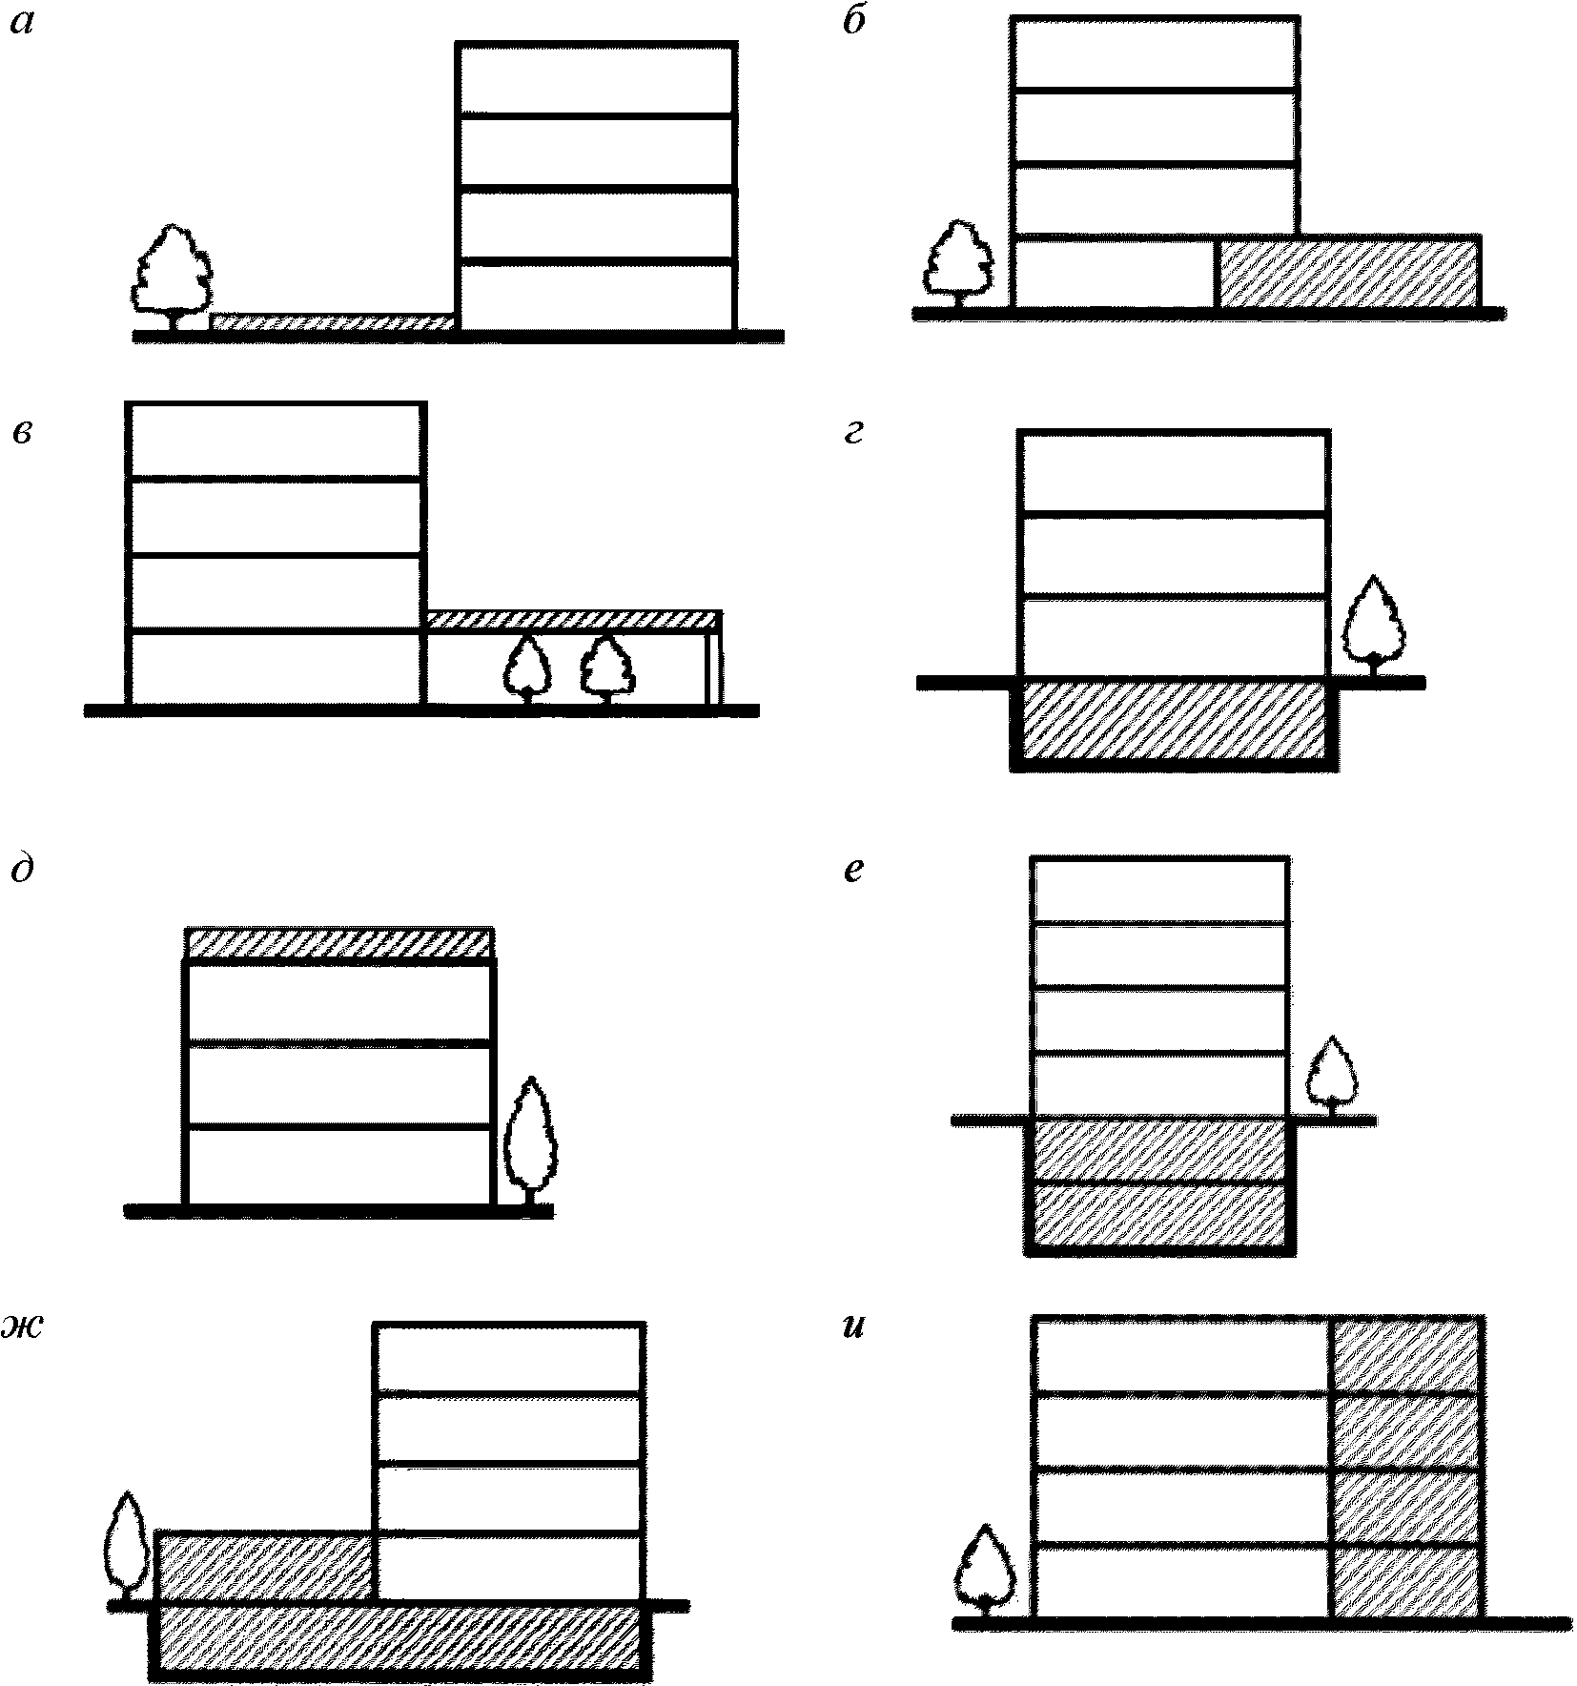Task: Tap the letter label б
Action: click(854, 23)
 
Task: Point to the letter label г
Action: click(853, 434)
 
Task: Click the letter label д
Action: click(23, 870)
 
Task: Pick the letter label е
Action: click(854, 870)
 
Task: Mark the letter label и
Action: click(854, 1326)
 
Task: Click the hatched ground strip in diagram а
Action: click(332, 322)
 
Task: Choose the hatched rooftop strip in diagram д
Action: click(338, 943)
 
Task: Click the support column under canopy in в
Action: click(712, 667)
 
